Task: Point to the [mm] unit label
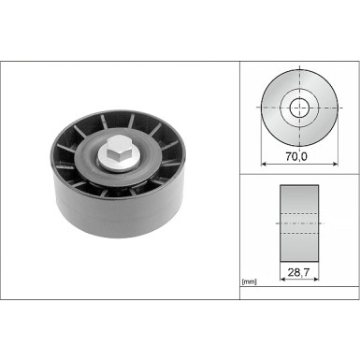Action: click(x=250, y=281)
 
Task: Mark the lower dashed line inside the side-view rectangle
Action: click(x=300, y=233)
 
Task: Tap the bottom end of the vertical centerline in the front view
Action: click(x=300, y=150)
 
